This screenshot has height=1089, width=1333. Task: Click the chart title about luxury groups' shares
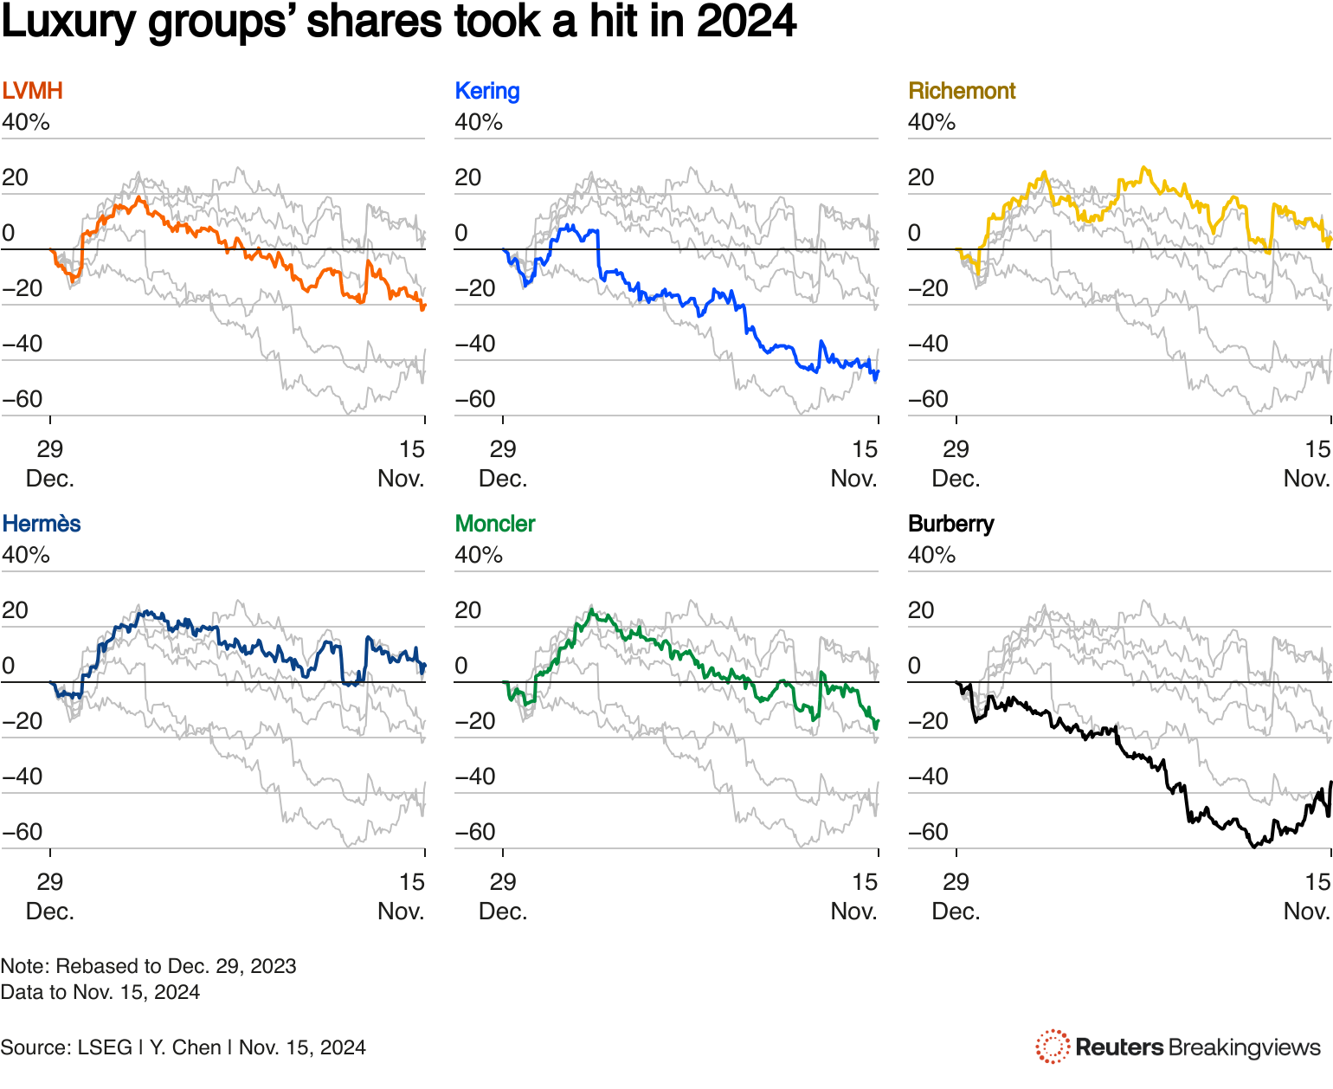(398, 23)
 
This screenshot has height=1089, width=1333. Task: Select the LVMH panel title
(32, 91)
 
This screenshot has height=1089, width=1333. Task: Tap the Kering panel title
(487, 91)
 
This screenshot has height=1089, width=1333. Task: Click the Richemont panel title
(962, 91)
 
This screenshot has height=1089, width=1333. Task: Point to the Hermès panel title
(42, 524)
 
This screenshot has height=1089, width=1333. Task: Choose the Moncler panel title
(495, 524)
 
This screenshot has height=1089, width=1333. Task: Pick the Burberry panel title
(951, 524)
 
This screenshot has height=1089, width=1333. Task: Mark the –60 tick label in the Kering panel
(475, 399)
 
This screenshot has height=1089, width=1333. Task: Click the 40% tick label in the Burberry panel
(931, 555)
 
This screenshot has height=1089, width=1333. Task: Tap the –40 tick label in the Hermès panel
(23, 776)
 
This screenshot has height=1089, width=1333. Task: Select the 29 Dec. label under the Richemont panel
(956, 464)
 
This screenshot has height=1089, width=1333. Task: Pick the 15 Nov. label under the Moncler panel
(854, 897)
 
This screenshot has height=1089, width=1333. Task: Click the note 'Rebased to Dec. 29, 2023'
(148, 966)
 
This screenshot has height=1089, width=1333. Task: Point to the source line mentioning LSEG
(183, 1047)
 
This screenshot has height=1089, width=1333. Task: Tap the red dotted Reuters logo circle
(1053, 1047)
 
